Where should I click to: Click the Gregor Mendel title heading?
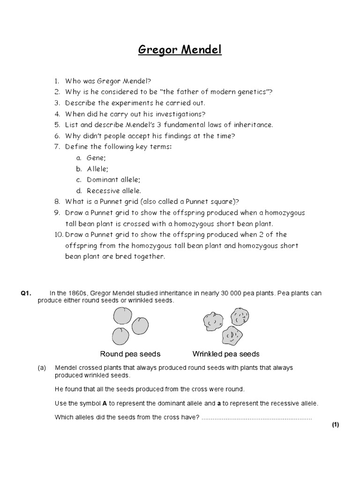(180, 50)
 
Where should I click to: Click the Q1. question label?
(25, 293)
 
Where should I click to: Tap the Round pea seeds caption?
(130, 354)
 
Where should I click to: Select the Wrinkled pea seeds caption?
(226, 354)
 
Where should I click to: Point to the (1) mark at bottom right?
(335, 425)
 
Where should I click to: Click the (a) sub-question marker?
(42, 368)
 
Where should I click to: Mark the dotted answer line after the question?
(256, 417)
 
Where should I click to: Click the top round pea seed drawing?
(123, 315)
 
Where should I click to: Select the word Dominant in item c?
(103, 180)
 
